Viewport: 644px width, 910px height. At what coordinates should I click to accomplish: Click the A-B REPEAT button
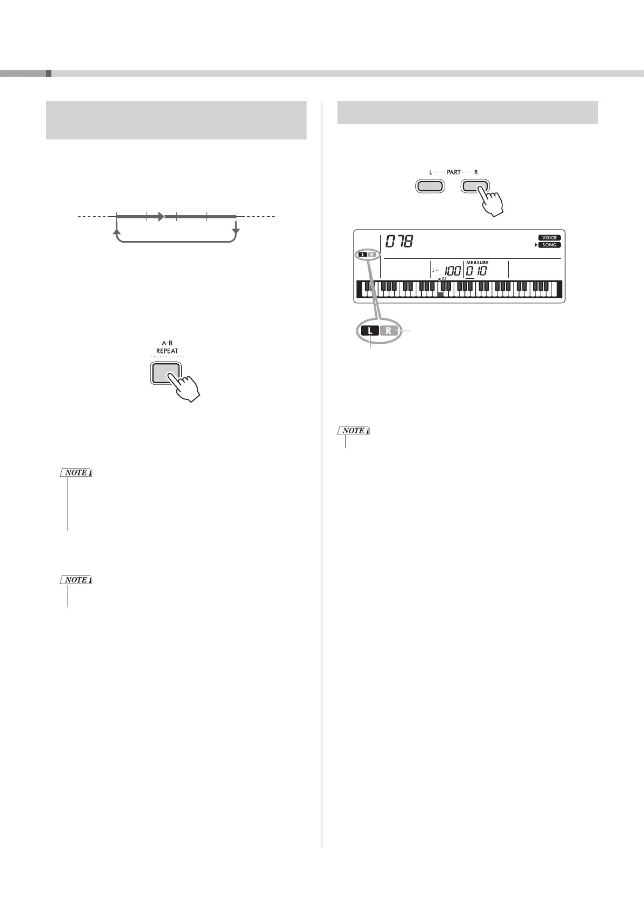[x=166, y=372]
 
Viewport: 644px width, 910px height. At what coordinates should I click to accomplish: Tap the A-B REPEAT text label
[x=167, y=347]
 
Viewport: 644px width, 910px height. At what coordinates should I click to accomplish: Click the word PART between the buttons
[x=454, y=172]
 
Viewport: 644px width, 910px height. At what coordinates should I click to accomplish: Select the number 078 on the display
[x=399, y=242]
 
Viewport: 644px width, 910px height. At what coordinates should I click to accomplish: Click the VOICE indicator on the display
[x=549, y=238]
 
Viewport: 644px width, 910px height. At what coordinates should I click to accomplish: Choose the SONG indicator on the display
[x=549, y=245]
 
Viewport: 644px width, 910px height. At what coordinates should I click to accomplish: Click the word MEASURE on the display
[x=477, y=263]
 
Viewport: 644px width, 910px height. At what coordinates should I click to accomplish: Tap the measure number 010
[x=476, y=271]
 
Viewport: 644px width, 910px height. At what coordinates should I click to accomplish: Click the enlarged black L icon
[x=370, y=331]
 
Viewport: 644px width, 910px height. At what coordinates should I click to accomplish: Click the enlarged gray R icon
[x=389, y=331]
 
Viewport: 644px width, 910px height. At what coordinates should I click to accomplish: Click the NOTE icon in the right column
[x=354, y=431]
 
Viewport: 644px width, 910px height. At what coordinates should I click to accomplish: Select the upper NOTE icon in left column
[x=76, y=473]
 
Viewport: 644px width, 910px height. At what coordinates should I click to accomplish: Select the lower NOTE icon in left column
[x=76, y=580]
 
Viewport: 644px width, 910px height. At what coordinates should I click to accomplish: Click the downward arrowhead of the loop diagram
[x=236, y=232]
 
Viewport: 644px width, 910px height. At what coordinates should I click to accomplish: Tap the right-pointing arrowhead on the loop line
[x=161, y=217]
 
